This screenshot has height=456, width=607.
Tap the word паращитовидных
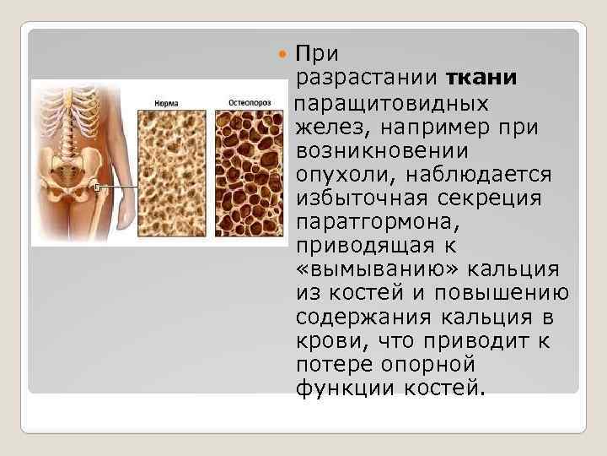[x=392, y=103]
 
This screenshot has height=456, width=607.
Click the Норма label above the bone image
[x=165, y=102]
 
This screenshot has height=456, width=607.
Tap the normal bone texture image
[x=172, y=173]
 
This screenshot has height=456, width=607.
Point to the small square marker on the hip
[x=99, y=187]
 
